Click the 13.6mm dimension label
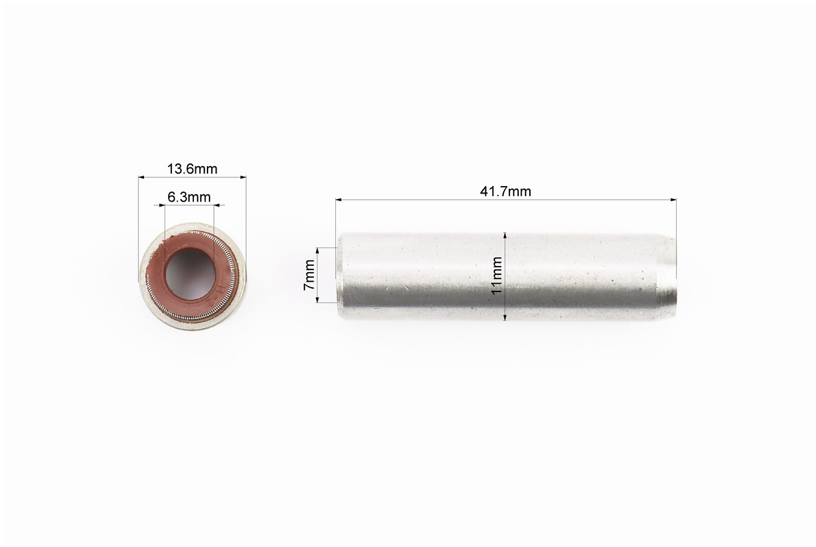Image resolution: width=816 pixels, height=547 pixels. pos(192,169)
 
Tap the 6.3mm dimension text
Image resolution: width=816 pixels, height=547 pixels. pos(189,197)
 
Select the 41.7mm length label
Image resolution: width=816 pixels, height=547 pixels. pos(505,191)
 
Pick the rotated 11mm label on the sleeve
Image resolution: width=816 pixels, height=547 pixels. pos(497,275)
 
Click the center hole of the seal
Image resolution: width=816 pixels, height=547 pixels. pos(190,273)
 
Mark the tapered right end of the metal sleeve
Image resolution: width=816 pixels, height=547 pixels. pos(667,277)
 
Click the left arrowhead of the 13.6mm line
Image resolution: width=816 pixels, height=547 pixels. pos(141,177)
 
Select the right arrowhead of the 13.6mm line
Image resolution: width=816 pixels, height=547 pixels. pos(242,177)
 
